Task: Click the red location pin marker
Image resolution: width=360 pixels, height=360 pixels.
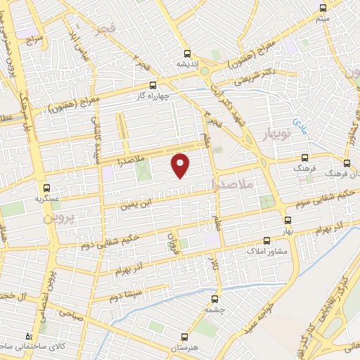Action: [x=181, y=165]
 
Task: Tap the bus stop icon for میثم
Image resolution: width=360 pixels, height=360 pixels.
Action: [x=323, y=8]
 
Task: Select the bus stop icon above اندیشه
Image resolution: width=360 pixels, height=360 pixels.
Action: [x=186, y=53]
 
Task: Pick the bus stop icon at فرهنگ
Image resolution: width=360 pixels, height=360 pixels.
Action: [x=304, y=158]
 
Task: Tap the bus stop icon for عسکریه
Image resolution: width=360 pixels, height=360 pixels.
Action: [x=47, y=188]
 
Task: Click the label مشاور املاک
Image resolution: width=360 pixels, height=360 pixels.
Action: [x=264, y=250]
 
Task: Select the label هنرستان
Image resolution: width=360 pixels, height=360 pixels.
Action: [x=185, y=348]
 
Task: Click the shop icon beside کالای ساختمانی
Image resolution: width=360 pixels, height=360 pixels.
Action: [x=29, y=337]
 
